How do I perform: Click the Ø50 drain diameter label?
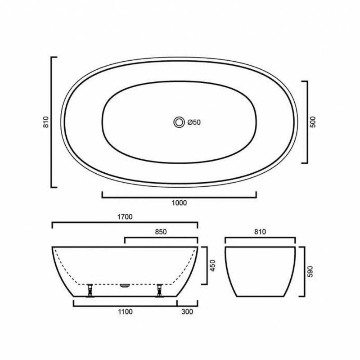point(193,122)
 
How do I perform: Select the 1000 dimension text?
point(179,203)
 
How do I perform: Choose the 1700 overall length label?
point(125,217)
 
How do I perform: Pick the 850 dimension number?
point(161,232)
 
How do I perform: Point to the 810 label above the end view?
point(260,232)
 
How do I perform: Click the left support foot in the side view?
point(90,290)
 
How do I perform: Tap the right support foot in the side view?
point(159,290)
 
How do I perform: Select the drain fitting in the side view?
point(125,284)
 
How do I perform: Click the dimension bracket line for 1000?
point(179,197)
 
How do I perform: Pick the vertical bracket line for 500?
point(307,122)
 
